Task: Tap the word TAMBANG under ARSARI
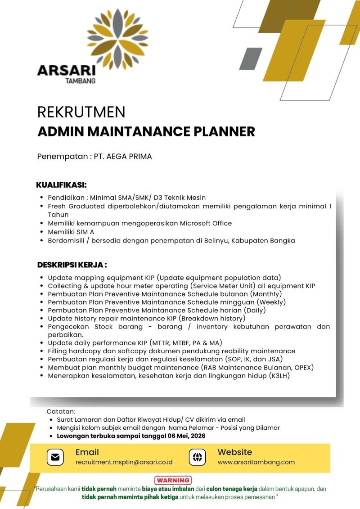[x=80, y=81]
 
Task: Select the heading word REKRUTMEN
[x=81, y=112]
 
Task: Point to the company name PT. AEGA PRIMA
[x=122, y=157]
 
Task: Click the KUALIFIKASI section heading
[x=61, y=185]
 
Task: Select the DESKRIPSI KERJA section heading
[x=72, y=265]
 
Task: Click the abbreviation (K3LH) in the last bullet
[x=279, y=375]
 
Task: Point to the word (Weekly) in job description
[x=271, y=302]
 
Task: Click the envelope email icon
[x=55, y=457]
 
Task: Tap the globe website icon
[x=197, y=457]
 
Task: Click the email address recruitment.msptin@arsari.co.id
[x=124, y=462]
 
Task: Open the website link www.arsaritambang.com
[x=256, y=462]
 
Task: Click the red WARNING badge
[x=173, y=480]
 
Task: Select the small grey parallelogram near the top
[x=250, y=58]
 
